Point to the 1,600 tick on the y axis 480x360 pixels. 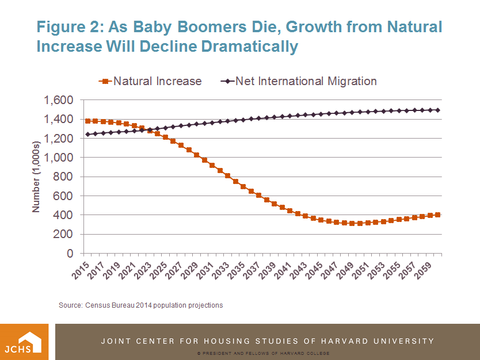click(58, 101)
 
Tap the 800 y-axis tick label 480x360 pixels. click(64, 177)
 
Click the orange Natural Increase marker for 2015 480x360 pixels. click(87, 121)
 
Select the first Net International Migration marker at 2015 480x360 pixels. click(87, 134)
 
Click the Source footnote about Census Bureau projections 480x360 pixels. click(140, 305)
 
